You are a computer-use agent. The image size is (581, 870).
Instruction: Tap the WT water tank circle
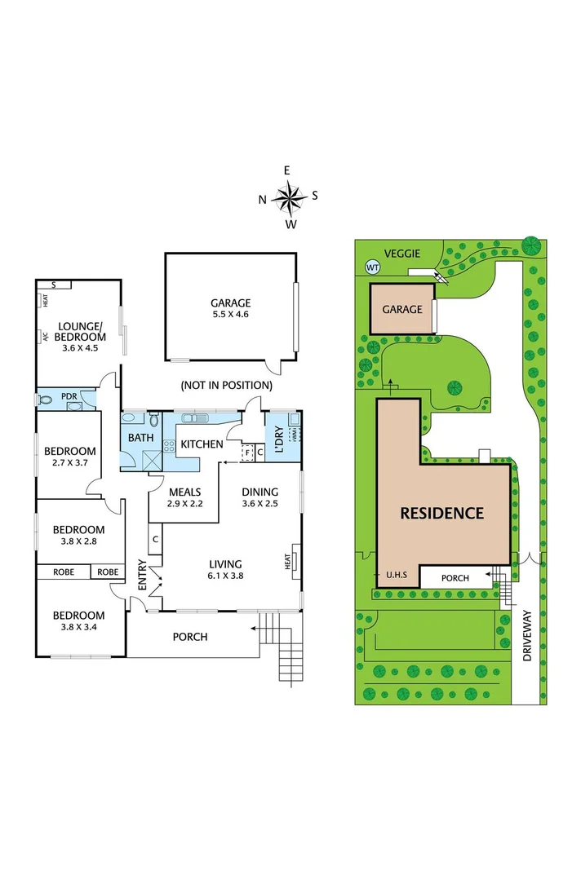coord(373,267)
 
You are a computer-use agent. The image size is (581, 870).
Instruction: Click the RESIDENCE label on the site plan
coord(441,514)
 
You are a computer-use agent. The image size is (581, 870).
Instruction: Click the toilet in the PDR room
coord(48,400)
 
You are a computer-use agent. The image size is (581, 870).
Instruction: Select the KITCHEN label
coord(202,444)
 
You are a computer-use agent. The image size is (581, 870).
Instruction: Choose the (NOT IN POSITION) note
coord(226,385)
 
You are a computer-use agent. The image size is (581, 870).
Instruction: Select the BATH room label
coord(140,438)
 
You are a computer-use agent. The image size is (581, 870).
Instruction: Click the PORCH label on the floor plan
coord(191,637)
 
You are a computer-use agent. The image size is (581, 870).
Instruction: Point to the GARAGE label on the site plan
coord(402,309)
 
